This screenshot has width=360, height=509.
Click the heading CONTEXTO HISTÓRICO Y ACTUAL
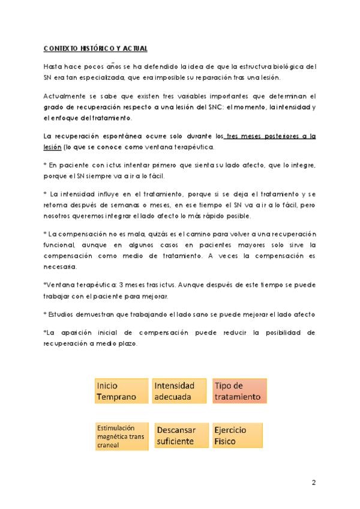click(x=95, y=48)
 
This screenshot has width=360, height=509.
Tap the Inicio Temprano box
click(x=121, y=391)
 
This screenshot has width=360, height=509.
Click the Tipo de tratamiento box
click(x=239, y=391)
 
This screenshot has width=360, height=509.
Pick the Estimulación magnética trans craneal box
click(x=121, y=436)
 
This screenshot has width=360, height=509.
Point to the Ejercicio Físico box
click(x=239, y=436)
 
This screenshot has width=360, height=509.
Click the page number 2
click(x=313, y=483)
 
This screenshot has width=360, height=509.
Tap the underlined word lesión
click(x=52, y=147)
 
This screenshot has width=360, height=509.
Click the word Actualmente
click(x=62, y=96)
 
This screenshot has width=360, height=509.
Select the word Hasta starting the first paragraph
click(x=53, y=66)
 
